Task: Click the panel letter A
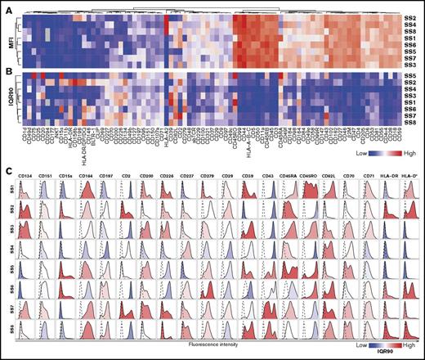click(7, 7)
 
